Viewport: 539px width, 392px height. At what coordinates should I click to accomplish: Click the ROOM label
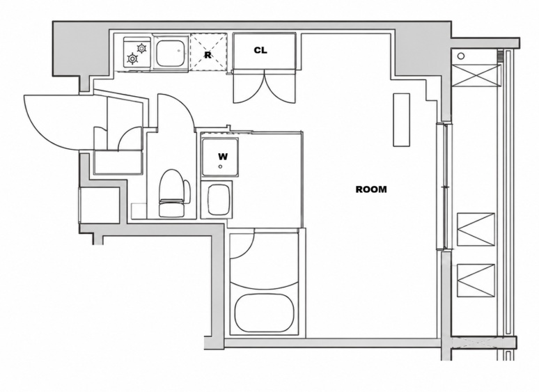(371, 189)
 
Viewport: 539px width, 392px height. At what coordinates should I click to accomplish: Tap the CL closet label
(260, 50)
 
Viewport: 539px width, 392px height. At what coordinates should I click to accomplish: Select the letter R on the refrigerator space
(208, 55)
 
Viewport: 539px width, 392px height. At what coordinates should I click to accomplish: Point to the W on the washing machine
(223, 157)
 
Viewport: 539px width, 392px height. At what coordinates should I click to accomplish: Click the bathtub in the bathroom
(265, 313)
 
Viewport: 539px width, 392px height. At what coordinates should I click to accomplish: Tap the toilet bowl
(172, 194)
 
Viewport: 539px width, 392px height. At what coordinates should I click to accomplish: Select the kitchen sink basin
(171, 53)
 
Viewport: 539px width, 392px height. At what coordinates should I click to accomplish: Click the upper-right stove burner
(141, 48)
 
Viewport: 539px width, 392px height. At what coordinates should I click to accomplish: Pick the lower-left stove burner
(132, 58)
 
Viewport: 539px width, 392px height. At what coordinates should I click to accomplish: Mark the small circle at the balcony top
(461, 56)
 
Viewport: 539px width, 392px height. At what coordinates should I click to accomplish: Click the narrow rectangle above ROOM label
(402, 120)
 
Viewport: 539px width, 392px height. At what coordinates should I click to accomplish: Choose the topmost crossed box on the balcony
(476, 76)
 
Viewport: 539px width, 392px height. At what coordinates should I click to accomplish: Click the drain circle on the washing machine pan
(220, 166)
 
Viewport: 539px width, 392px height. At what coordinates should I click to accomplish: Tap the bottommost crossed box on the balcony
(476, 280)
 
